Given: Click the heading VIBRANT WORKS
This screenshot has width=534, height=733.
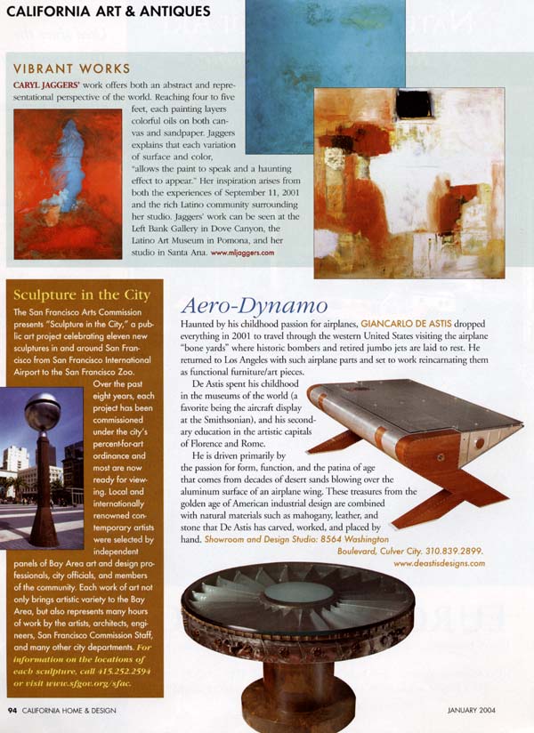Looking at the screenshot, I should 72,68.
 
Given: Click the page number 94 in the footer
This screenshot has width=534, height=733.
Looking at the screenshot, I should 12,709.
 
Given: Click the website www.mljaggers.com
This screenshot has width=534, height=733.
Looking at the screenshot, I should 243,253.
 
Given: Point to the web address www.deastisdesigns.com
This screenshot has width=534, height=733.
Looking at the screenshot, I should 439,563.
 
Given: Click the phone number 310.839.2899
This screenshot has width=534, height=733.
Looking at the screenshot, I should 463,552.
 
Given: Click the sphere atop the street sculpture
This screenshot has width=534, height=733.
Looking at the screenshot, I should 42,412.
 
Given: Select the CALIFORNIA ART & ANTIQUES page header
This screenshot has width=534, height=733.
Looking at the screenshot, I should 108,12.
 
